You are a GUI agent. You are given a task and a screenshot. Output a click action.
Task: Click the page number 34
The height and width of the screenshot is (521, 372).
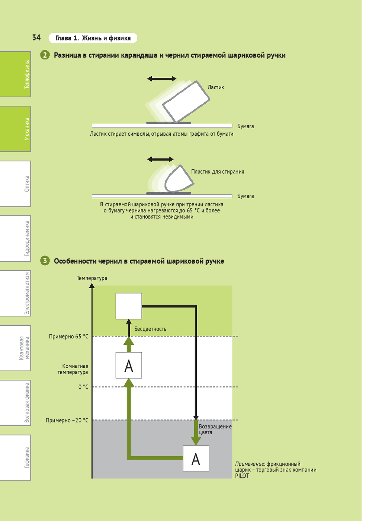click(x=36, y=38)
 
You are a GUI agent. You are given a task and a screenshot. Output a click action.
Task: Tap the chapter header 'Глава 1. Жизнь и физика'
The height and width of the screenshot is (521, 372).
click(x=93, y=38)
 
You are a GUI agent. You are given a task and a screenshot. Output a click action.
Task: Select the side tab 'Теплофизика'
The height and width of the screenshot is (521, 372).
click(x=16, y=74)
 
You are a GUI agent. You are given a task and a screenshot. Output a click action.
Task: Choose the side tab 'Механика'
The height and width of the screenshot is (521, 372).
click(x=16, y=129)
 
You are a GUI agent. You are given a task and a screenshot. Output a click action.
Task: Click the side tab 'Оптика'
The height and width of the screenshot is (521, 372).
click(x=16, y=184)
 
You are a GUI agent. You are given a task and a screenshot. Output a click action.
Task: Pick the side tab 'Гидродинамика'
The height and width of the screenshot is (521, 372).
click(x=16, y=238)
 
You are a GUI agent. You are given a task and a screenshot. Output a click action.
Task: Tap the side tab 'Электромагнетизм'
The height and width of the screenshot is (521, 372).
click(x=16, y=293)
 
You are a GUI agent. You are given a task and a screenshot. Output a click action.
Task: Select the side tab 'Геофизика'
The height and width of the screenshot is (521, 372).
click(x=16, y=457)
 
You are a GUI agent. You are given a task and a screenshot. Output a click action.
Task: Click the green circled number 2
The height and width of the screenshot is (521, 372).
click(x=45, y=55)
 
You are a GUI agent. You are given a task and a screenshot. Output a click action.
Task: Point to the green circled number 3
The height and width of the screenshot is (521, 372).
click(x=45, y=261)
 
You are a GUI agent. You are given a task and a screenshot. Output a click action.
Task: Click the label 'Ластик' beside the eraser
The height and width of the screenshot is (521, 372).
click(x=216, y=87)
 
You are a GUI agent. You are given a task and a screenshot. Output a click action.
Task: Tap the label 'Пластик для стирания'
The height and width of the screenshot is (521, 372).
click(x=218, y=171)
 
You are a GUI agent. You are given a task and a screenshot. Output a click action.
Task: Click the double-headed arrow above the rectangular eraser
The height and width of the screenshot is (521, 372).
click(x=162, y=78)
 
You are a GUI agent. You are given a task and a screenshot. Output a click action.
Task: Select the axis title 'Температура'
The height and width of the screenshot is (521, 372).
click(x=92, y=278)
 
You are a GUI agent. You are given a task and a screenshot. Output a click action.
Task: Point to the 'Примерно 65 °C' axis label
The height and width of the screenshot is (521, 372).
click(x=69, y=337)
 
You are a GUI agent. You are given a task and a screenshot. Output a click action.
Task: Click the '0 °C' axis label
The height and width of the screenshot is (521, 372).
click(x=83, y=387)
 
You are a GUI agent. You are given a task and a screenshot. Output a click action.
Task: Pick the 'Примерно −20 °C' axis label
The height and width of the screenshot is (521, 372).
click(x=67, y=420)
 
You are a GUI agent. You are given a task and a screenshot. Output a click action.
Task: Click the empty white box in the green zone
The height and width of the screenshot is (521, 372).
click(x=129, y=306)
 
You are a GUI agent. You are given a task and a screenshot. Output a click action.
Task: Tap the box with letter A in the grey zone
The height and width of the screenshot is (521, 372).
click(x=196, y=459)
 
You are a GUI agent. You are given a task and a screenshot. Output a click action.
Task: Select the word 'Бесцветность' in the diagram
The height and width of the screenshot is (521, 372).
click(x=150, y=329)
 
